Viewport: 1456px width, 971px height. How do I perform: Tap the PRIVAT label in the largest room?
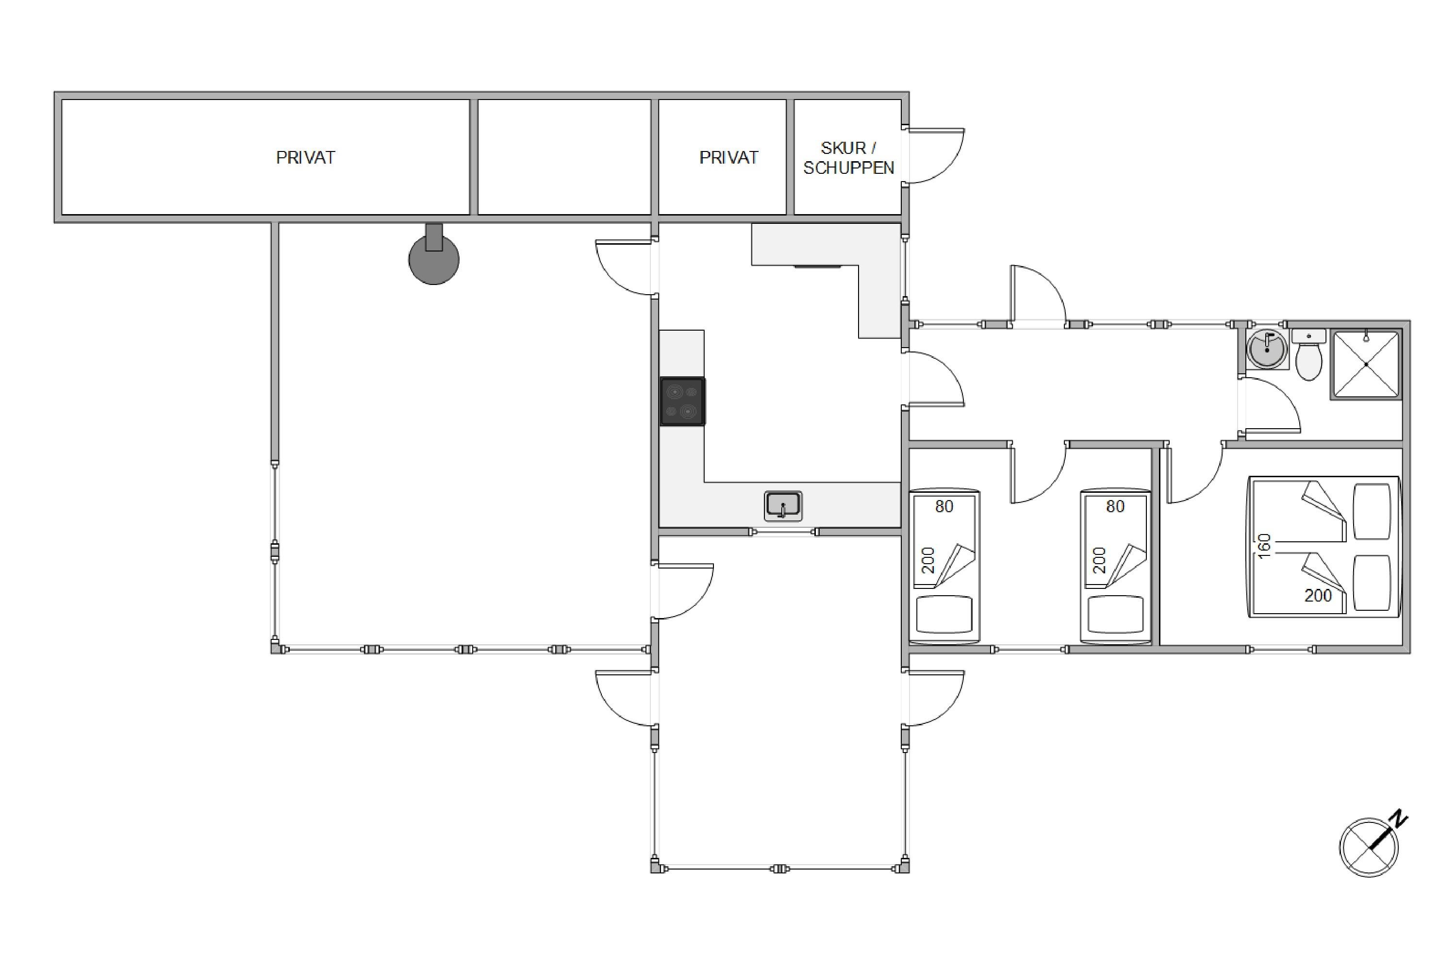(x=305, y=157)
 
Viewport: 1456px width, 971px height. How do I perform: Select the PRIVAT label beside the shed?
(x=728, y=157)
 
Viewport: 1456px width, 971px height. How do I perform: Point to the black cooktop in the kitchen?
(x=682, y=402)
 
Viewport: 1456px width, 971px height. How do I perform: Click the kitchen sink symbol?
(x=783, y=505)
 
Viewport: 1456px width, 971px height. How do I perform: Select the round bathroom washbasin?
(x=1267, y=349)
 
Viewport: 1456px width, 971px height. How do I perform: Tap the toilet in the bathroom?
(x=1308, y=355)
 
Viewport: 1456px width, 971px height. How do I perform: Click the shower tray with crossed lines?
(x=1366, y=364)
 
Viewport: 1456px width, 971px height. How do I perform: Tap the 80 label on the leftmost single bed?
(x=944, y=506)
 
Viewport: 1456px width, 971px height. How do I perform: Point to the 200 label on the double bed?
(x=1318, y=596)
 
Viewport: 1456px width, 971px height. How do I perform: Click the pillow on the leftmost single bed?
(x=944, y=614)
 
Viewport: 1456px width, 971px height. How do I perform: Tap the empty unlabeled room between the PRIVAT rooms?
(x=564, y=157)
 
